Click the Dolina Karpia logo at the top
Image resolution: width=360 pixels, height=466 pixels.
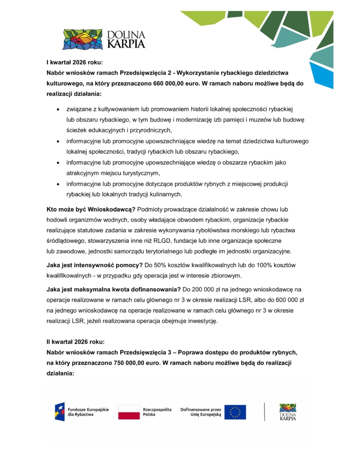(x=104, y=39)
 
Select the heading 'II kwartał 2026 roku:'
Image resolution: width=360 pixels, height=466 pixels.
(x=76, y=341)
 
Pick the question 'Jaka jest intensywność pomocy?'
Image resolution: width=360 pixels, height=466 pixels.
(x=91, y=265)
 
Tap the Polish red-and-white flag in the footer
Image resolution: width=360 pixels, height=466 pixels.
(x=129, y=412)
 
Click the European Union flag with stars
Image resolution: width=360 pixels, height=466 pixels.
(x=235, y=412)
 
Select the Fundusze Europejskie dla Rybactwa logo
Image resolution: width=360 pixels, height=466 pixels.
(x=81, y=412)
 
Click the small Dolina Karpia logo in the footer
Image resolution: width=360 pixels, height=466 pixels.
(x=288, y=412)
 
